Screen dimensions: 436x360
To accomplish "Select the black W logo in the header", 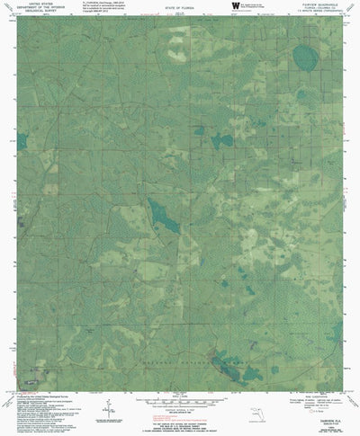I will click(236, 5).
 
